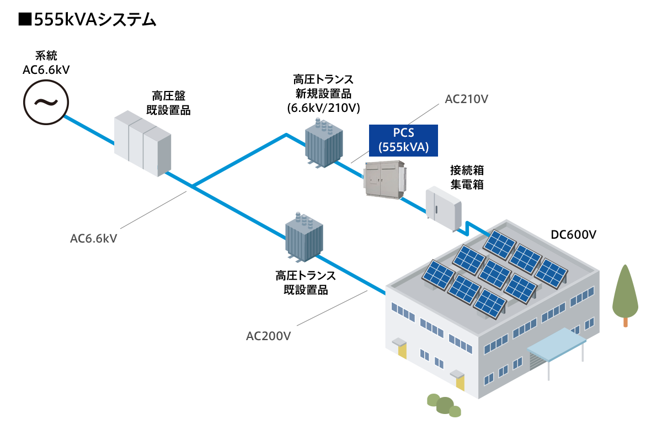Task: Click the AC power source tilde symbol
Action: coord(46,103)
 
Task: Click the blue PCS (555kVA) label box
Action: coord(403,140)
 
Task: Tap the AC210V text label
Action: coord(466,99)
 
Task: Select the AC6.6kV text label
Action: coord(94,239)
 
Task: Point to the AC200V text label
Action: coord(268,336)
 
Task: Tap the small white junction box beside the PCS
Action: coord(443,208)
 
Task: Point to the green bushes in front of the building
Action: coord(444,405)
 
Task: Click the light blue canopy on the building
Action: coord(556,343)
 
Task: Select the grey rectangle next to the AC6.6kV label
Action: coord(153,210)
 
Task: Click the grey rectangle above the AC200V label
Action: coord(332,308)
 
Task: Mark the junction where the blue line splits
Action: coord(193,186)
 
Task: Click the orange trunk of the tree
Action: coord(625,322)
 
